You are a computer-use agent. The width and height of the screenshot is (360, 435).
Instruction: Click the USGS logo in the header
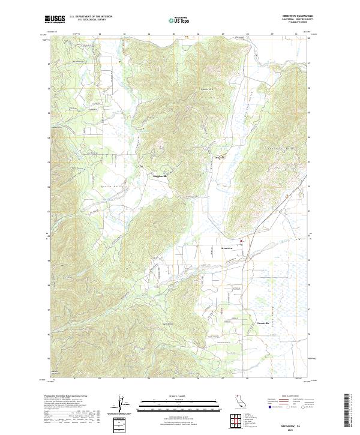(55, 19)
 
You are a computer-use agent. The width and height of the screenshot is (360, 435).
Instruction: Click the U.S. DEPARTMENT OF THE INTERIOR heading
(91, 17)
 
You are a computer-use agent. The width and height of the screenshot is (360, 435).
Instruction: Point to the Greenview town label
(226, 247)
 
